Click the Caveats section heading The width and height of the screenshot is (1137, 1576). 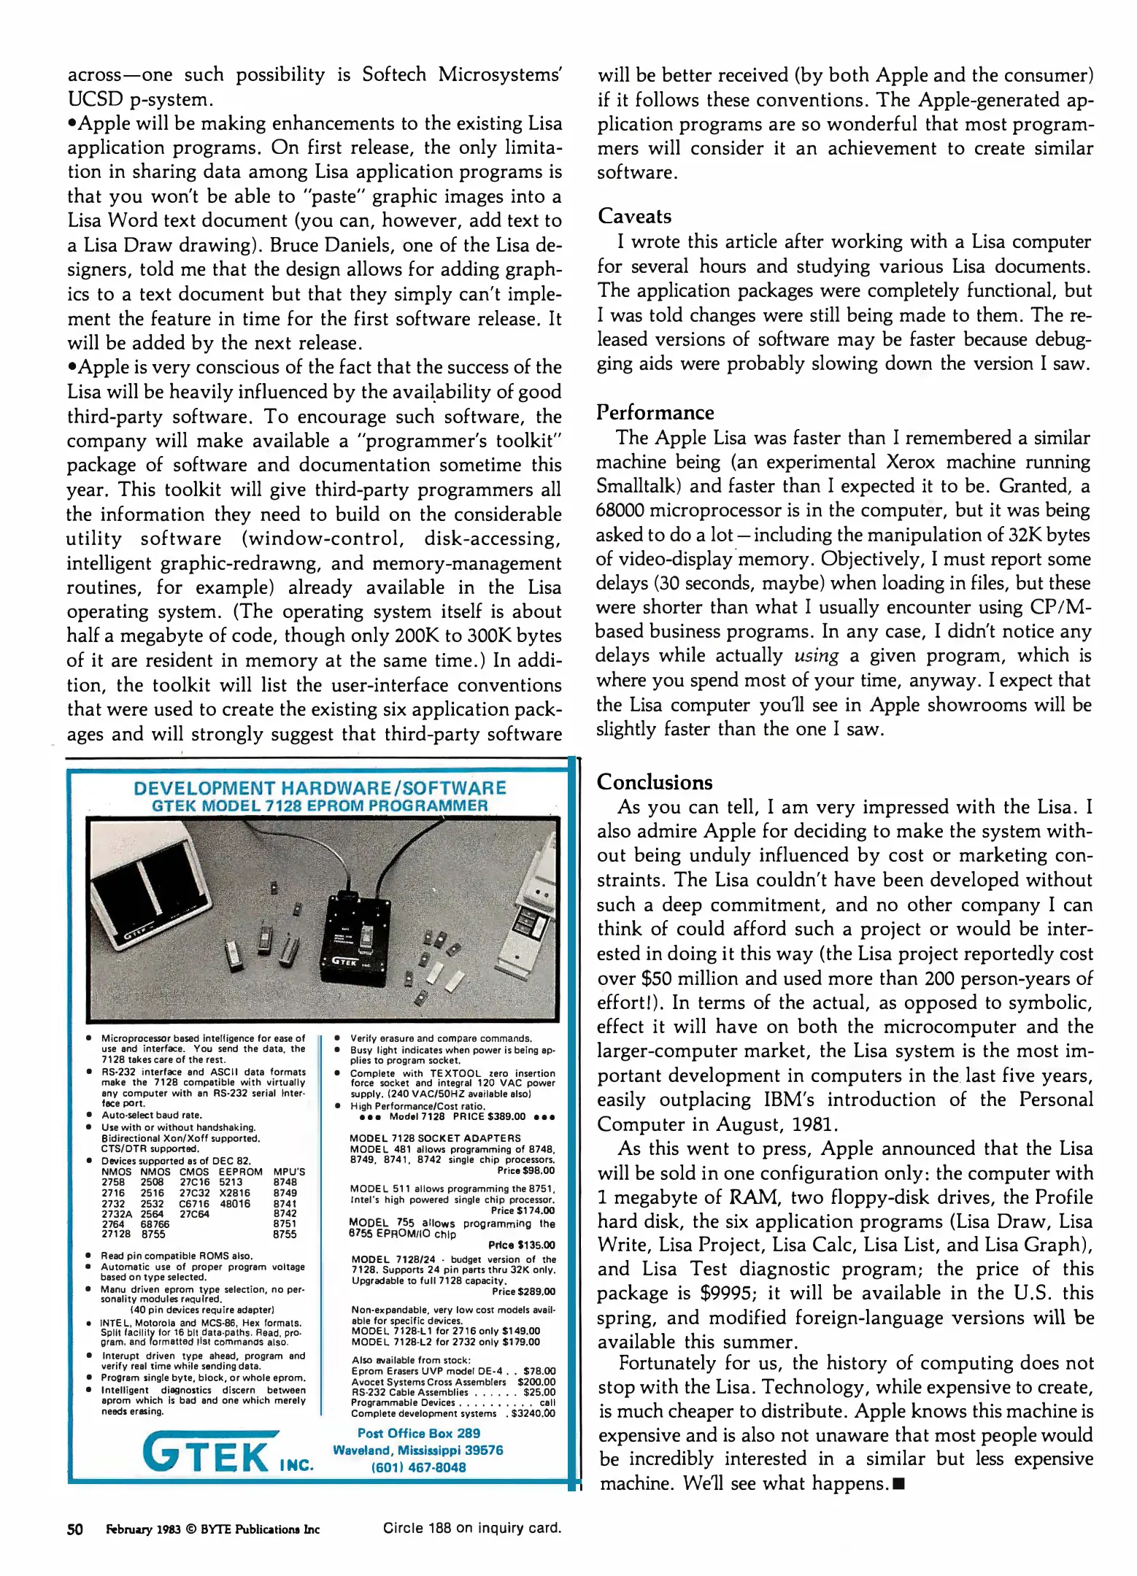click(x=634, y=216)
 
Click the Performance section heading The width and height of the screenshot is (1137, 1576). click(x=655, y=412)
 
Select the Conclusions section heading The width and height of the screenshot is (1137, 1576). click(x=654, y=782)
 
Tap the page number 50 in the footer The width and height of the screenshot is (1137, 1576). click(x=74, y=1529)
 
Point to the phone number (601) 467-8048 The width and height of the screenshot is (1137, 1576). click(x=418, y=1467)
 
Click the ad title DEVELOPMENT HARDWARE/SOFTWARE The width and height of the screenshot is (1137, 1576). click(x=320, y=788)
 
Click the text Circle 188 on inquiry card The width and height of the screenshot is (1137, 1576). click(x=471, y=1528)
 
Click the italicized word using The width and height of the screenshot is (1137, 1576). click(x=816, y=656)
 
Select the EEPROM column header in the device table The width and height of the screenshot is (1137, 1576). click(x=240, y=1173)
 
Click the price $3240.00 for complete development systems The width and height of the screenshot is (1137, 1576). click(x=533, y=1413)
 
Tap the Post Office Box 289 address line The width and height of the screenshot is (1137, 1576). click(x=418, y=1433)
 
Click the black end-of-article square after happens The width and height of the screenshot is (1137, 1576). click(x=898, y=1483)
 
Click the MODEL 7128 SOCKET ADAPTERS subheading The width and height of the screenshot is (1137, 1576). click(x=435, y=1138)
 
